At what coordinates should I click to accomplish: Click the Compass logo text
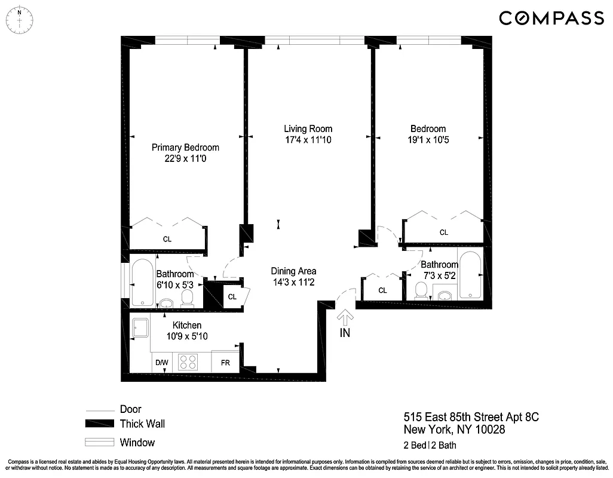[x=551, y=19]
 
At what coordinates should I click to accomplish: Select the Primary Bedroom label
[x=185, y=148]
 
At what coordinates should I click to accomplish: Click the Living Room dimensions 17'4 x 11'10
[x=308, y=140]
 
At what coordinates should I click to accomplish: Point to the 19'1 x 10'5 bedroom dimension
[x=428, y=140]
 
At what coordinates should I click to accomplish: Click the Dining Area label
[x=293, y=271]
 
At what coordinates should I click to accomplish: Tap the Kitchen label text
[x=187, y=325]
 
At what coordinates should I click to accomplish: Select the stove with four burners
[x=189, y=362]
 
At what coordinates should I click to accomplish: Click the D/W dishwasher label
[x=162, y=363]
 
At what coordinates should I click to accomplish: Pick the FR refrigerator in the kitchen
[x=226, y=363]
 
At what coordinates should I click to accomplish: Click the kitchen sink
[x=141, y=327]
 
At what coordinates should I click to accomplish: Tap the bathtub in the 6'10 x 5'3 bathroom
[x=142, y=283]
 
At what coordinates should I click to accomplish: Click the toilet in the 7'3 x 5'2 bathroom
[x=422, y=291]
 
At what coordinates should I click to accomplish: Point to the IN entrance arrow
[x=345, y=318]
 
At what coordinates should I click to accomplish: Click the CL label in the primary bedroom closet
[x=167, y=239]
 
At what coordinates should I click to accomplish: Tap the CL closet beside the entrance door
[x=382, y=290]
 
